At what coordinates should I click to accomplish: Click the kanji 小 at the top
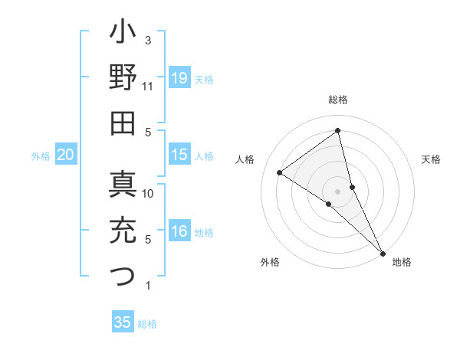pyautogui.click(x=123, y=34)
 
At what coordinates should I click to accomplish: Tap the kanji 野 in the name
pyautogui.click(x=123, y=78)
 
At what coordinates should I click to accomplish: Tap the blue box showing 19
pyautogui.click(x=179, y=78)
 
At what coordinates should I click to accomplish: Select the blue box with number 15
pyautogui.click(x=179, y=155)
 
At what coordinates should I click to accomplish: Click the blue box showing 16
pyautogui.click(x=179, y=231)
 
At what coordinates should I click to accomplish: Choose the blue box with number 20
pyautogui.click(x=65, y=155)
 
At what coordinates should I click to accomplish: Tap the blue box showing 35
pyautogui.click(x=123, y=322)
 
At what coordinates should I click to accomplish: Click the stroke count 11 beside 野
pyautogui.click(x=148, y=87)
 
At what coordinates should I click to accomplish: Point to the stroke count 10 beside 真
pyautogui.click(x=148, y=193)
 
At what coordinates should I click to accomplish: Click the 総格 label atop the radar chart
pyautogui.click(x=338, y=100)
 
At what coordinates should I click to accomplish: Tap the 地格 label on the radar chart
pyautogui.click(x=402, y=262)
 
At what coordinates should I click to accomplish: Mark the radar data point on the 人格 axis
pyautogui.click(x=279, y=172)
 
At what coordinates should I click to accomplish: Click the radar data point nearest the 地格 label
pyautogui.click(x=383, y=252)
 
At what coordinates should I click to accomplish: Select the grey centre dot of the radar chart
pyautogui.click(x=338, y=190)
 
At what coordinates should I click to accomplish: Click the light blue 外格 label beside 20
pyautogui.click(x=40, y=156)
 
